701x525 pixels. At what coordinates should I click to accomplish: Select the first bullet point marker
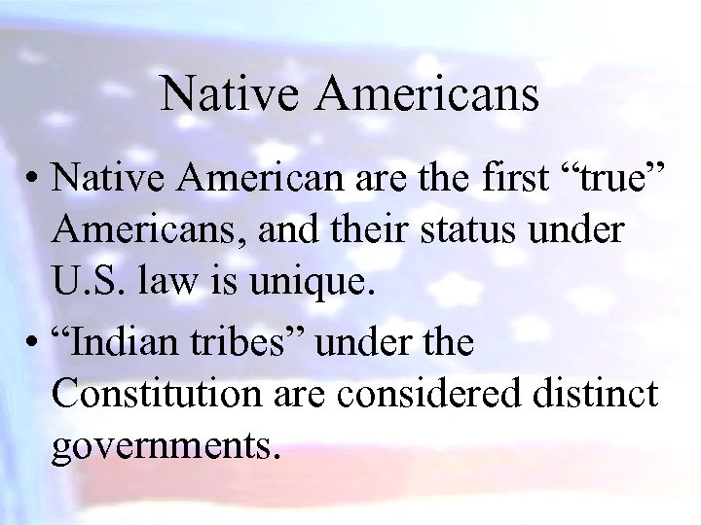pyautogui.click(x=34, y=179)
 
